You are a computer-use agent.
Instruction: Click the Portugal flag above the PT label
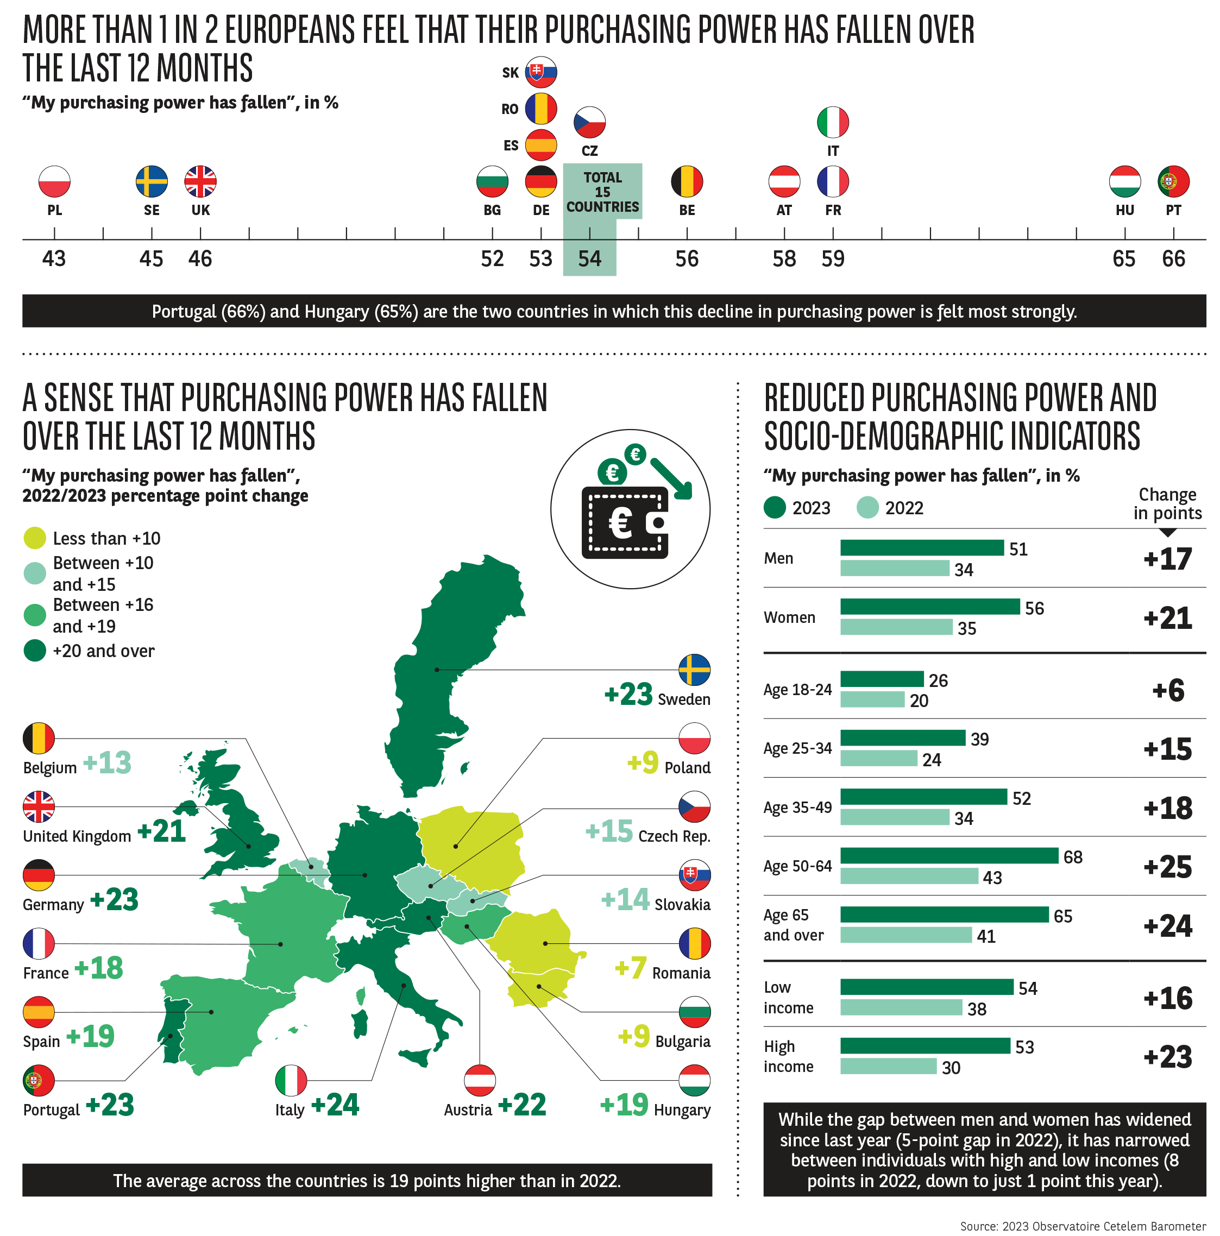click(1173, 181)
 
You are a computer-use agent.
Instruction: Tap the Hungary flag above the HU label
click(1124, 181)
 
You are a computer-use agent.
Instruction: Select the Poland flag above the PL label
click(54, 181)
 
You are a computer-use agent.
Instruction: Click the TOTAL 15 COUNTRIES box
click(602, 191)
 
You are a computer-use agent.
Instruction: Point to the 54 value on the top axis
click(589, 258)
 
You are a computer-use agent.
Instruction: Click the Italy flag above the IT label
click(832, 122)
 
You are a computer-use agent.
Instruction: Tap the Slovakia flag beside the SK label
click(540, 72)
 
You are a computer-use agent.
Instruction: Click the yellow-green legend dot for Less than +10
click(35, 538)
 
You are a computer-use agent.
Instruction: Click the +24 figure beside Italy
click(335, 1105)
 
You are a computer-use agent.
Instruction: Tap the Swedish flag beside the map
click(694, 670)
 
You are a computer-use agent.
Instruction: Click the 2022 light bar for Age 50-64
click(908, 876)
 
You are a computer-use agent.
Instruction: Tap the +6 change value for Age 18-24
click(1167, 690)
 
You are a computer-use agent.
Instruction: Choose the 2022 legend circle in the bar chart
click(867, 507)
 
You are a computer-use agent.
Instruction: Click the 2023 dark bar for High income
click(925, 1046)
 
